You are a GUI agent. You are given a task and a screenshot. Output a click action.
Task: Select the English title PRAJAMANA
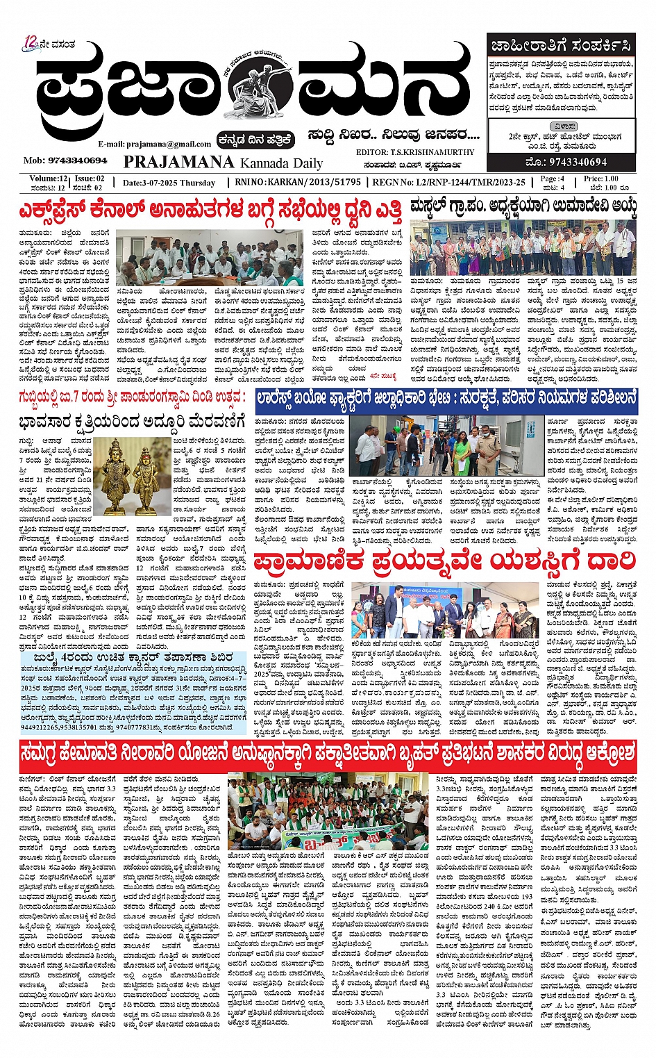pos(178,162)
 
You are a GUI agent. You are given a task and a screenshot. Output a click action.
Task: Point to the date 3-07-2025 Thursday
pos(169,183)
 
